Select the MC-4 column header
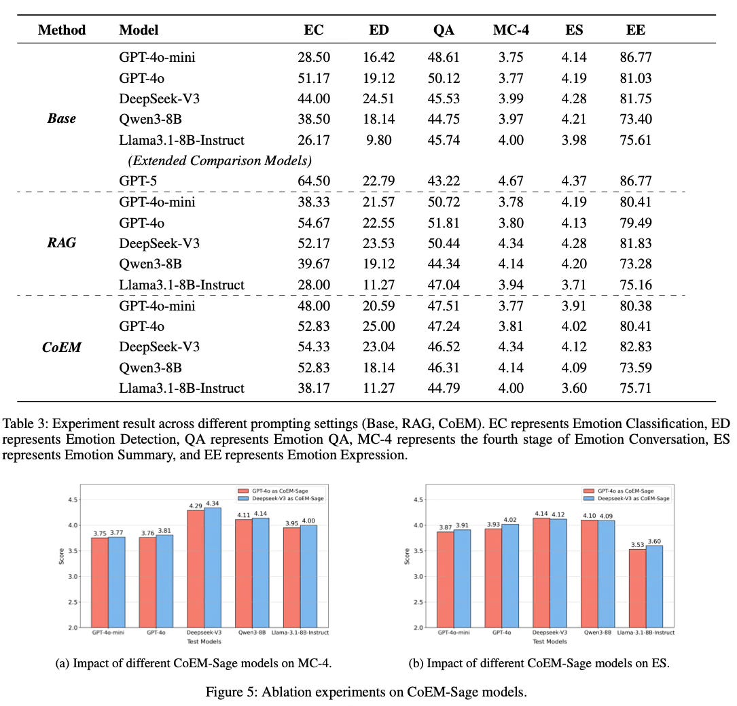tap(511, 30)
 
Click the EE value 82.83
tap(636, 347)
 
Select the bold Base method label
tap(61, 119)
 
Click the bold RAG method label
tap(62, 243)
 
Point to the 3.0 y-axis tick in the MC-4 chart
tap(73, 576)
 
